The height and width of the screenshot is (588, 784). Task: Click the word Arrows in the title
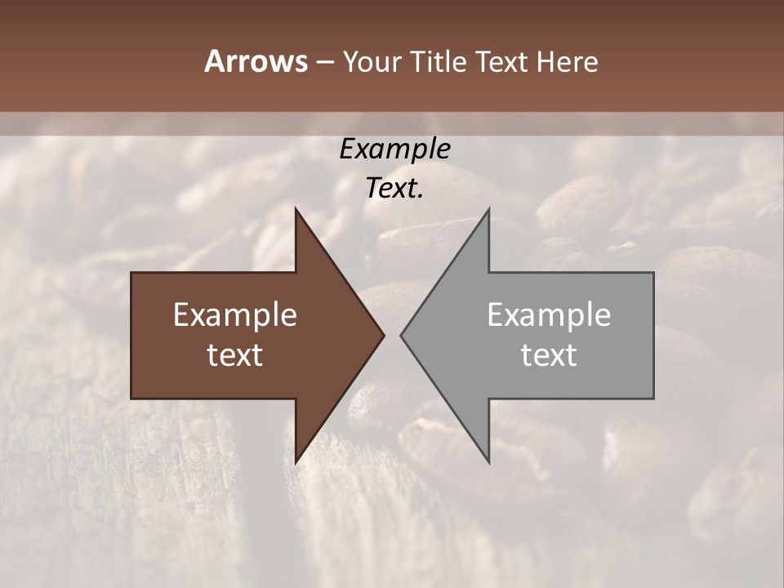click(x=256, y=61)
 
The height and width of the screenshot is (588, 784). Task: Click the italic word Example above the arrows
click(x=394, y=149)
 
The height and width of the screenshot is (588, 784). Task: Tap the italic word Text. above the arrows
click(x=394, y=189)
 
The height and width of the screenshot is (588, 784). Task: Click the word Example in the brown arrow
click(x=235, y=315)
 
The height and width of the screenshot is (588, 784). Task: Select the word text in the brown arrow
click(x=235, y=355)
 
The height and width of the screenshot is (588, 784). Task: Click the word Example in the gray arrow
click(x=549, y=315)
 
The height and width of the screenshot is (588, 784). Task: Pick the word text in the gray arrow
click(x=549, y=355)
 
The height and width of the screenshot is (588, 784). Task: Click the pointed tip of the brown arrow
click(x=384, y=336)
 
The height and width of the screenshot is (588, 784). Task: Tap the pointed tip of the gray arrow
click(x=401, y=336)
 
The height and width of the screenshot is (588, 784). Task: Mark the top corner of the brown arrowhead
click(x=296, y=209)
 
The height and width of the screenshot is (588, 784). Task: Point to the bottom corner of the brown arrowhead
click(x=296, y=463)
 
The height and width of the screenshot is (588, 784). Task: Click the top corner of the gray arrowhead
click(x=489, y=209)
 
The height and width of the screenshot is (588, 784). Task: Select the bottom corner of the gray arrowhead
click(x=489, y=463)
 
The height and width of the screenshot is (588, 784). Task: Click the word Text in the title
click(x=501, y=62)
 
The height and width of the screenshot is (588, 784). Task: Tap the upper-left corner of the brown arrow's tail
click(x=131, y=273)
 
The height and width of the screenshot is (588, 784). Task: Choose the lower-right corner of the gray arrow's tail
click(x=653, y=399)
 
